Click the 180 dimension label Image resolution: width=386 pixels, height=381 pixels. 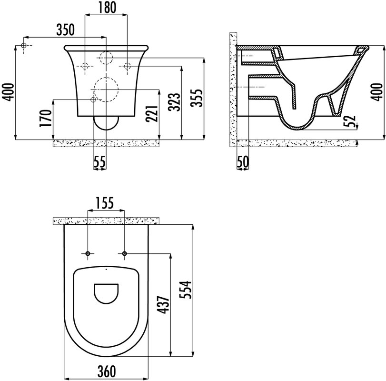point(107,8)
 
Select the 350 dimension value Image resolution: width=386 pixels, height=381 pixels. point(65,30)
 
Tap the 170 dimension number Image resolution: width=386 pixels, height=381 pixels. point(46,118)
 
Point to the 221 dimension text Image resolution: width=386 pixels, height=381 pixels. point(151,113)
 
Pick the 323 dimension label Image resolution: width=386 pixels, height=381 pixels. point(175,102)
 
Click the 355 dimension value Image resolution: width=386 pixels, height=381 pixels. point(197,98)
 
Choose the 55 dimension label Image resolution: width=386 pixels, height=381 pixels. point(99,162)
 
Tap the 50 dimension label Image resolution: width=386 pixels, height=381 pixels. point(243,162)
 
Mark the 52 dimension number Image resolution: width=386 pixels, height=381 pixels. point(350,121)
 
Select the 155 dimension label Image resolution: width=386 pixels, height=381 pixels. point(104,203)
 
